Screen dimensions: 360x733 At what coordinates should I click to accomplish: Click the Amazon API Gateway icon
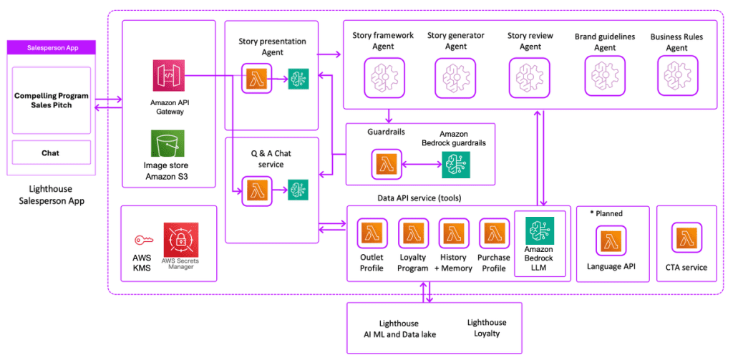coord(168,77)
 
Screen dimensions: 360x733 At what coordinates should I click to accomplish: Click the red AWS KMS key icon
coord(141,240)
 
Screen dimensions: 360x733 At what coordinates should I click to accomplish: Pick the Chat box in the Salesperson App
coord(50,152)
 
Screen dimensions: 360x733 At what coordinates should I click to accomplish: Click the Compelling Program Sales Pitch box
coord(50,99)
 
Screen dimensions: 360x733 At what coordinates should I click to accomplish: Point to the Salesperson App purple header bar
coord(51,48)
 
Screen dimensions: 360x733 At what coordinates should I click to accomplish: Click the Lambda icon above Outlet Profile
coord(372,233)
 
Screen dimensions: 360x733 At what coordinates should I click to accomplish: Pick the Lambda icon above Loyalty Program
coord(412,233)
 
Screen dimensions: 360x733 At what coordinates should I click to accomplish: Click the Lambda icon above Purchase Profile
coord(494,233)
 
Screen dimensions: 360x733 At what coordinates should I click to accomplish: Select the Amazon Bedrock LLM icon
coord(540,232)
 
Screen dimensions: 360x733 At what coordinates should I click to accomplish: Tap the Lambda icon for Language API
coord(610,242)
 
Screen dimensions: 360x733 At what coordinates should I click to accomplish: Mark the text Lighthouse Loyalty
coord(486,328)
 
